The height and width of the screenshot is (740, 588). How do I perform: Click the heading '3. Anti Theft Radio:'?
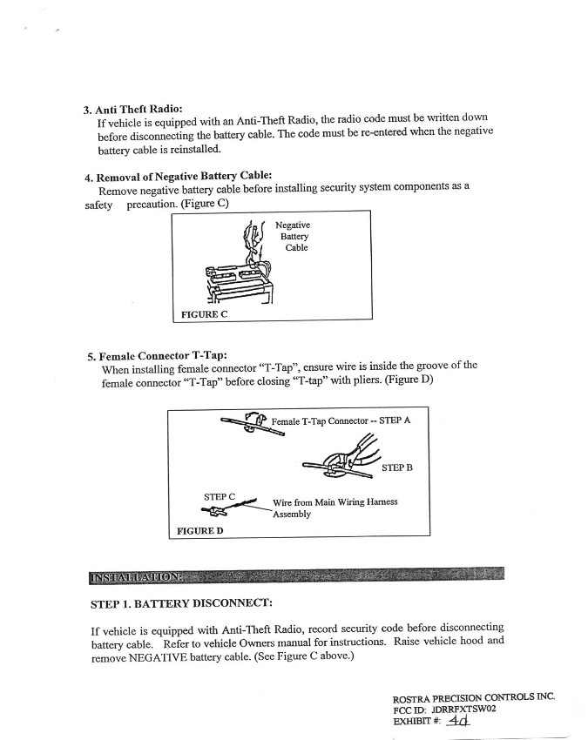(132, 110)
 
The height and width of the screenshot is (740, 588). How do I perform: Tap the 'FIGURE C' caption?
(204, 313)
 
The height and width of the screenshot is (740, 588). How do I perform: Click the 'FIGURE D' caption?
(199, 530)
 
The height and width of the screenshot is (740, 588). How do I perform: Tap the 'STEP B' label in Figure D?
(396, 468)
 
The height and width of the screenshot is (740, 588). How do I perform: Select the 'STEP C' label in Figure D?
(220, 497)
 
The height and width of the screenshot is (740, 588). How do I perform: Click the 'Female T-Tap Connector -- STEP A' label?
(341, 421)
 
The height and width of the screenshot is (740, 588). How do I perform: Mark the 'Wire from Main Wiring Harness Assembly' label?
(335, 508)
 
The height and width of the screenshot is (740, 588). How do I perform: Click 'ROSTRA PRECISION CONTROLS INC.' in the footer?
(473, 698)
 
